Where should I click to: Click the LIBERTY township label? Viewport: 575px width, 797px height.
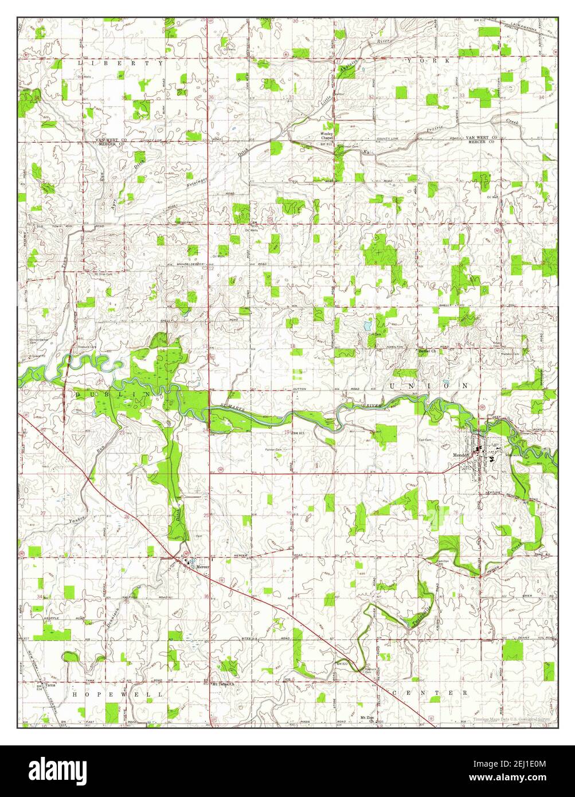coord(122,63)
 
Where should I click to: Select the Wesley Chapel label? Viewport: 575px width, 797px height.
coord(327,135)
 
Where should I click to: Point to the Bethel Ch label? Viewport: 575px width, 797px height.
coord(428,351)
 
